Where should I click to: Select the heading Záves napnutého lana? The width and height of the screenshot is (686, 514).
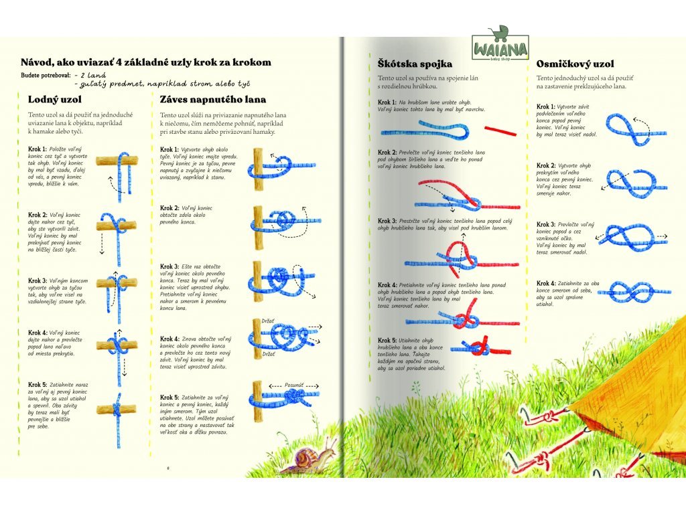(212, 99)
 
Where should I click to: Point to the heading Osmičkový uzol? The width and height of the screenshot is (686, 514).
(575, 64)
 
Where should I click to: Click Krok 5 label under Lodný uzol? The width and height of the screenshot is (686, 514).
(38, 384)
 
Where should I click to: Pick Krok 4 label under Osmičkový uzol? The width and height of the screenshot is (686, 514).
(547, 283)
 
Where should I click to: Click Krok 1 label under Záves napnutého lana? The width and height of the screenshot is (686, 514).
(170, 149)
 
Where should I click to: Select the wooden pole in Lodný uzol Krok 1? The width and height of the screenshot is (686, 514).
(117, 161)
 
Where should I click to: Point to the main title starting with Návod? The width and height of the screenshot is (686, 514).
(145, 62)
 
